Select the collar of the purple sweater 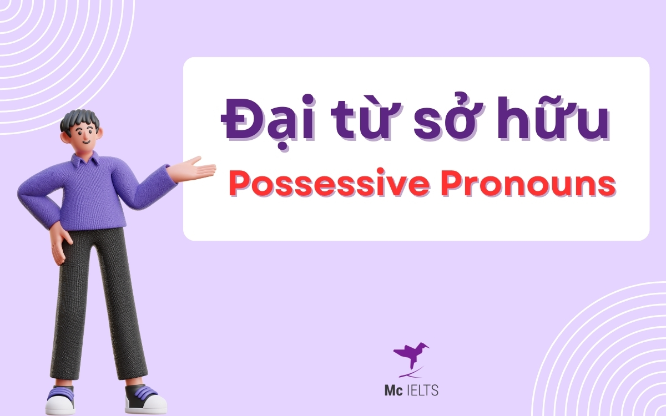point(89,161)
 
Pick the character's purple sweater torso point(100,194)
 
